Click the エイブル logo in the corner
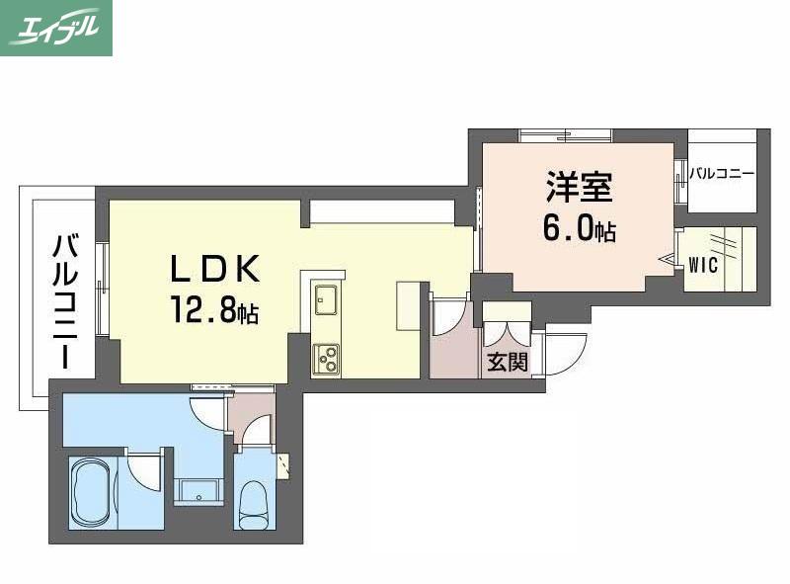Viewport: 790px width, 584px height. (56, 28)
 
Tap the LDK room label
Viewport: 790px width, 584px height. (215, 269)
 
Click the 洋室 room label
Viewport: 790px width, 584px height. (580, 187)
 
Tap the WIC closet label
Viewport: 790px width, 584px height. (703, 265)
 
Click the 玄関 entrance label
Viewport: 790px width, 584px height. (508, 362)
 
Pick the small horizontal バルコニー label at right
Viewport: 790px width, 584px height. (722, 175)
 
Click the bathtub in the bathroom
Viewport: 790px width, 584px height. (92, 492)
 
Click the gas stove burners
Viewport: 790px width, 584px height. (326, 359)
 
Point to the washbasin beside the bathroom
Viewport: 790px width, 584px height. (198, 491)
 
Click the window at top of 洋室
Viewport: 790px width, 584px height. (565, 135)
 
